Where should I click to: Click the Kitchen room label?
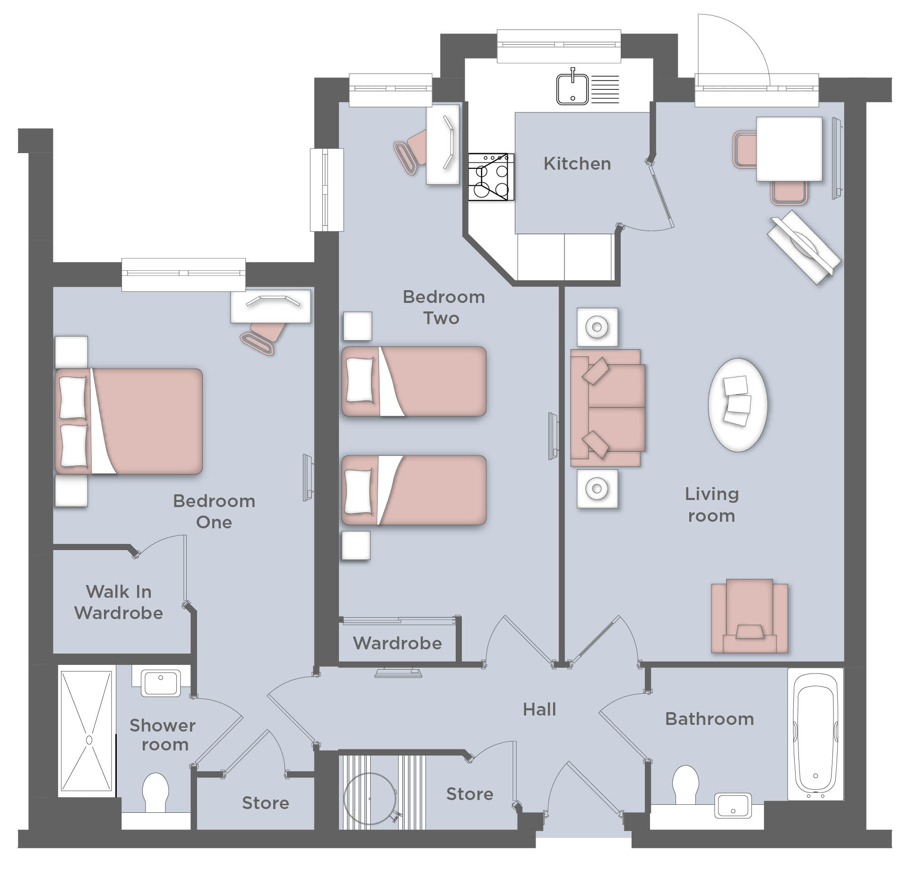[577, 164]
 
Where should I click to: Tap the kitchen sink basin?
[572, 89]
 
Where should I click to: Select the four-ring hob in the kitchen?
[491, 177]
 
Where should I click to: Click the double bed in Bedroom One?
[129, 421]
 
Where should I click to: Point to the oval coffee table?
[737, 405]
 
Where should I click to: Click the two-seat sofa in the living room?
[608, 408]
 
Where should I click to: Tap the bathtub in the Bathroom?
[815, 734]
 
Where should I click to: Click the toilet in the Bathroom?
[685, 784]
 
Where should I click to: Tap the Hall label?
[539, 709]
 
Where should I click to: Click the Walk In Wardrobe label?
[119, 602]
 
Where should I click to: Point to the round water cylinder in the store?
[369, 799]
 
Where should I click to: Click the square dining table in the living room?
[789, 149]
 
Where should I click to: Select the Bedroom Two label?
[443, 308]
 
